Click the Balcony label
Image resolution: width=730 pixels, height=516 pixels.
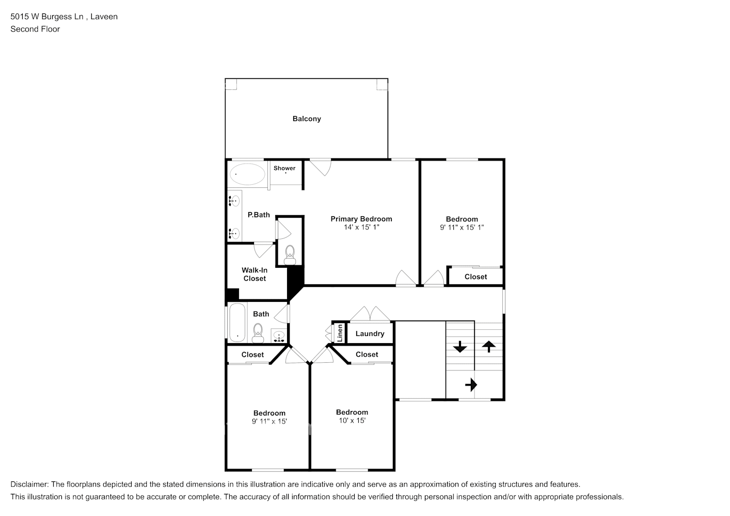(307, 119)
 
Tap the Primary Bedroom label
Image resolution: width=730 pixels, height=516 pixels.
(361, 219)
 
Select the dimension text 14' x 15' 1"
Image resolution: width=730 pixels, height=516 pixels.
(361, 228)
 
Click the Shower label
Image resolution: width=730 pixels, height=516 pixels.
(284, 168)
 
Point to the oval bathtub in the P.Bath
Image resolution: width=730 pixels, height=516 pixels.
(247, 174)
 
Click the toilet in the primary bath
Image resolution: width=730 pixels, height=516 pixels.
(290, 254)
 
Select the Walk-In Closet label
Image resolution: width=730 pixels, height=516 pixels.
(255, 275)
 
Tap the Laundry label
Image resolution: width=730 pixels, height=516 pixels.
(370, 334)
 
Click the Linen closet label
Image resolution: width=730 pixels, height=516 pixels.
(340, 333)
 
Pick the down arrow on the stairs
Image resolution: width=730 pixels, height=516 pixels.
(459, 347)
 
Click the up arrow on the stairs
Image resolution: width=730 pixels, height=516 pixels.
(488, 346)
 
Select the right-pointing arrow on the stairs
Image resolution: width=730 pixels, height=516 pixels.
(471, 385)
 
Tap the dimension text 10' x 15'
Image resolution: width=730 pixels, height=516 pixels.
(352, 421)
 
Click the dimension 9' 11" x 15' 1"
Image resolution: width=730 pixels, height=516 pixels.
(462, 228)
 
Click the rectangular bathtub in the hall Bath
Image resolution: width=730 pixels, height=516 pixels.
(237, 322)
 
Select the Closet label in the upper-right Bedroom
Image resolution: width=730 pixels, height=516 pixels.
(475, 277)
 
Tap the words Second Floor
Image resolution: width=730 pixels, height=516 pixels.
(35, 29)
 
